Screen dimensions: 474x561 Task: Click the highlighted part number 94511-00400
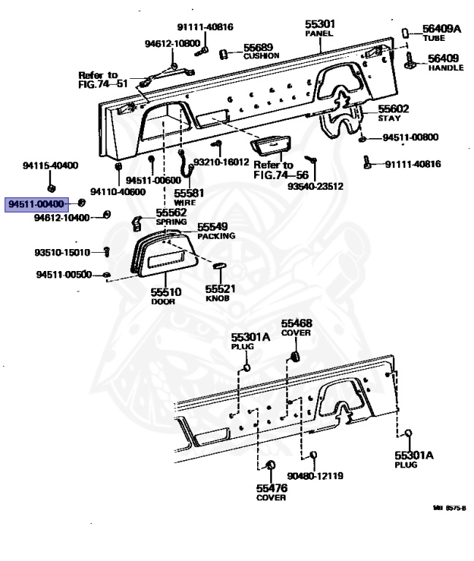click(x=36, y=204)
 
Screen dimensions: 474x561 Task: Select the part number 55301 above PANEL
click(x=320, y=24)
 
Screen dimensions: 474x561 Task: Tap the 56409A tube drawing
click(x=405, y=34)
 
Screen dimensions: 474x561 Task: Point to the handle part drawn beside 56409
click(x=410, y=60)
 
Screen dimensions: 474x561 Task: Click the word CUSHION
click(x=261, y=56)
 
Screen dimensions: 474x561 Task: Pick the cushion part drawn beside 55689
click(x=223, y=54)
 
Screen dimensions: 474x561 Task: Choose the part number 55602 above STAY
click(x=393, y=109)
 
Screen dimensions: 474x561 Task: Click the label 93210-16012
click(x=221, y=162)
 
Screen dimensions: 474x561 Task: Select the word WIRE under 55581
click(x=185, y=202)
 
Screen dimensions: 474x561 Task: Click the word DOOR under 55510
click(x=163, y=302)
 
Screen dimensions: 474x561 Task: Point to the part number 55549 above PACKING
click(x=213, y=227)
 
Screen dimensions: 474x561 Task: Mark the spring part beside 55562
click(x=137, y=224)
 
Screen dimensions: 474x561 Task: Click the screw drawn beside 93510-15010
click(x=106, y=251)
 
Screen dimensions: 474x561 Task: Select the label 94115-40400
click(x=50, y=165)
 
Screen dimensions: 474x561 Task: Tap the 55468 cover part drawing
click(x=296, y=356)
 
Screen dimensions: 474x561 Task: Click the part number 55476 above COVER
click(x=272, y=488)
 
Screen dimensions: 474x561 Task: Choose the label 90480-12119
click(x=316, y=476)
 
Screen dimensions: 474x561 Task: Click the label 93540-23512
click(x=316, y=186)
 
